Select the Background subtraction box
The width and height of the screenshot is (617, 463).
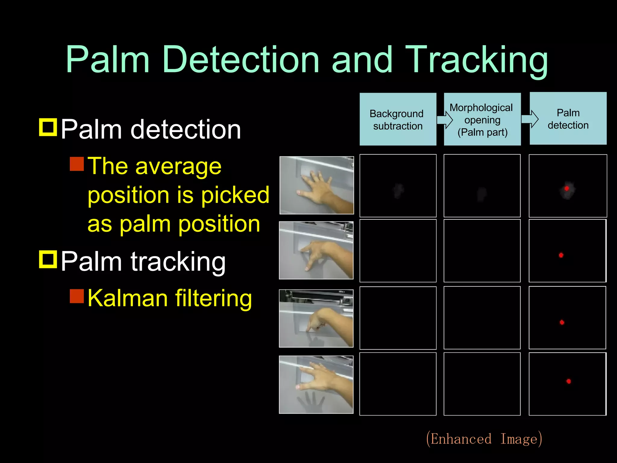tap(398, 119)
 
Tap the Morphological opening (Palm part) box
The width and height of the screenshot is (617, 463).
tap(482, 119)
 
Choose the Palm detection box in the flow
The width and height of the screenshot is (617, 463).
tap(568, 119)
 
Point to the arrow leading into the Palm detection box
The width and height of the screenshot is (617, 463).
tap(530, 119)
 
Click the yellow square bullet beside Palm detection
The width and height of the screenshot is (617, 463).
tap(48, 127)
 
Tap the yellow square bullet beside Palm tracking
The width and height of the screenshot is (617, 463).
tap(48, 259)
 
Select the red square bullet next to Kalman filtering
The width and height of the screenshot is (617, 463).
tap(77, 296)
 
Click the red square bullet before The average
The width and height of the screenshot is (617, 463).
tap(77, 164)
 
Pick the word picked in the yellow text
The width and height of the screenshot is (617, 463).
tap(235, 195)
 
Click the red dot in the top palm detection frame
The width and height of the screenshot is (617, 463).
tap(567, 188)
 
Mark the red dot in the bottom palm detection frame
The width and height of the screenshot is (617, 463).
tap(568, 381)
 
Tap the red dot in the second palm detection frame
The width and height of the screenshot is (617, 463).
tap(561, 255)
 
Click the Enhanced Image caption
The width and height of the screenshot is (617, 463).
tap(484, 439)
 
